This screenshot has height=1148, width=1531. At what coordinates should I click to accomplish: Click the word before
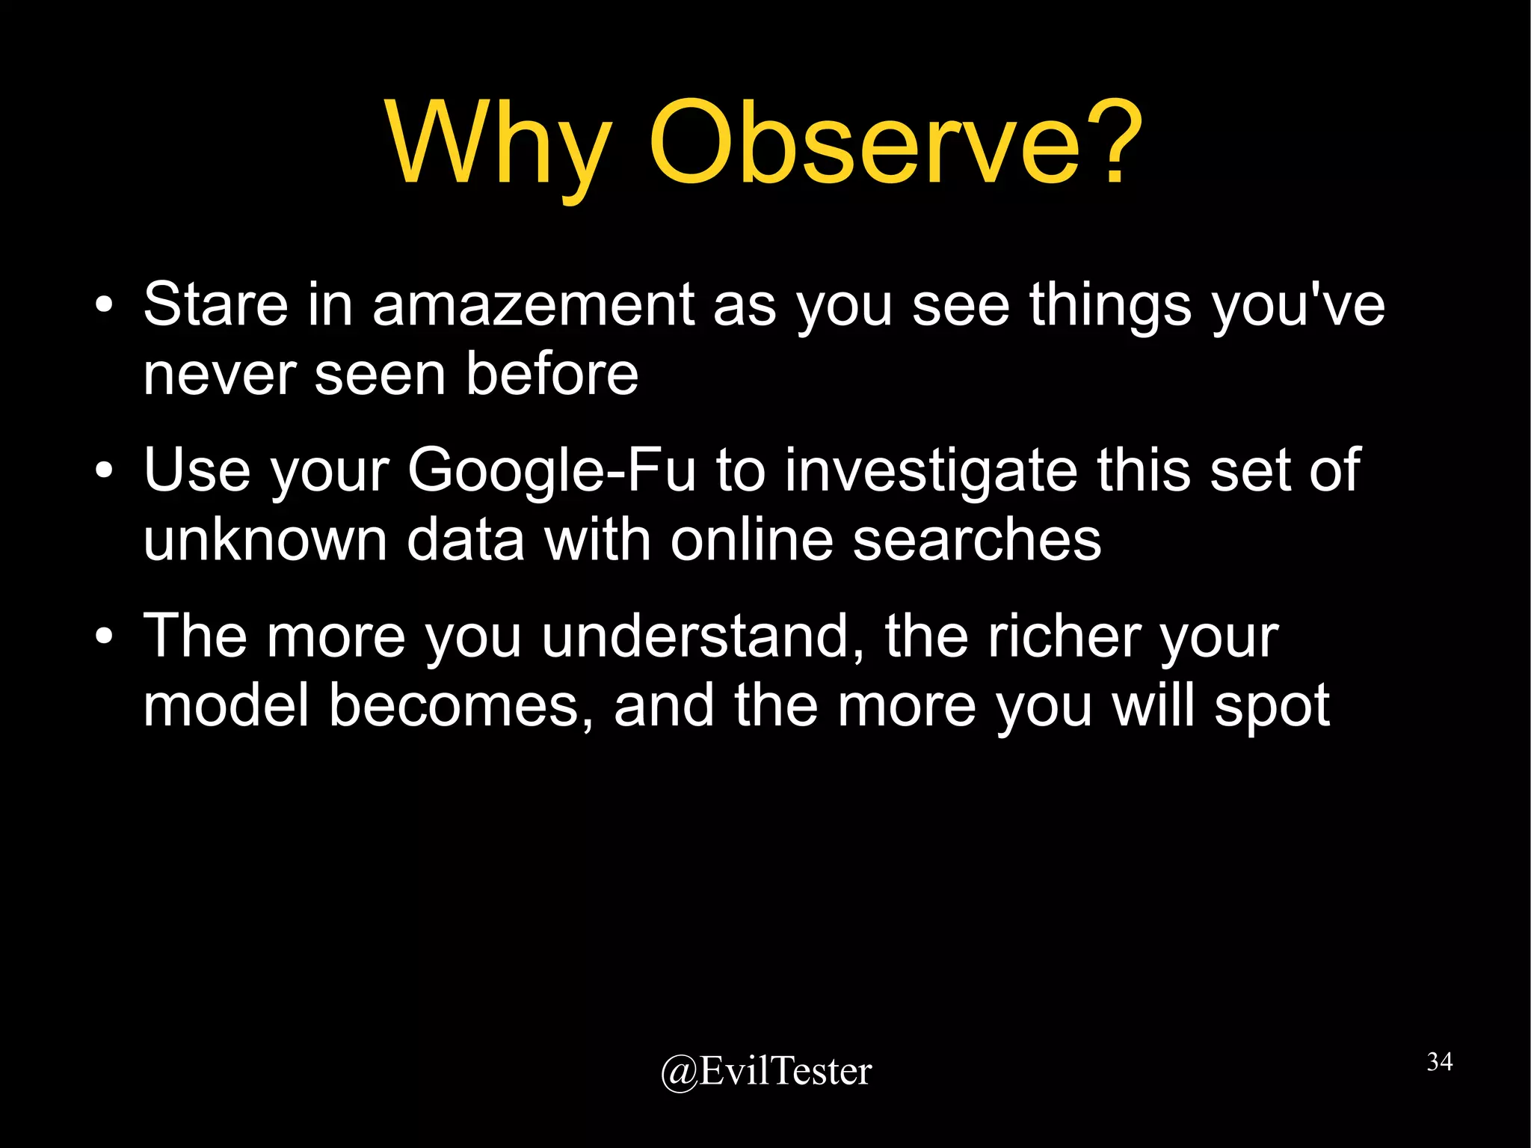point(552,373)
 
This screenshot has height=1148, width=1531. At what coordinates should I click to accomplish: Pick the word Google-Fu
point(552,470)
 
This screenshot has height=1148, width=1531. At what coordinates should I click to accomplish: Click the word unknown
point(265,539)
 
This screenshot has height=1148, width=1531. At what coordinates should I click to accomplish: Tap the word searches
point(976,539)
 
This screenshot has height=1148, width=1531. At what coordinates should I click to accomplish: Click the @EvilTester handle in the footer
point(765,1071)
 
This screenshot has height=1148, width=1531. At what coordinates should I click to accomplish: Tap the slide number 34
point(1439,1062)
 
